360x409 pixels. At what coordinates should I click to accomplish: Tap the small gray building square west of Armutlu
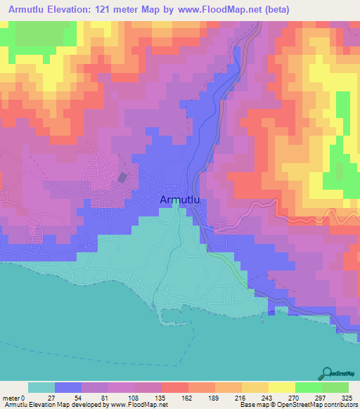tap(123, 178)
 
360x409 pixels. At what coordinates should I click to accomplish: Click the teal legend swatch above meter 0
tap(41, 387)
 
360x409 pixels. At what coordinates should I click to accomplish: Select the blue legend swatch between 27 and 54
tap(68, 387)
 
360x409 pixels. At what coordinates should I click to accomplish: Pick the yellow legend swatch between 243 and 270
tap(282, 387)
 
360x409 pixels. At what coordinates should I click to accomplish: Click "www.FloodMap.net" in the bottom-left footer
tap(138, 405)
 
